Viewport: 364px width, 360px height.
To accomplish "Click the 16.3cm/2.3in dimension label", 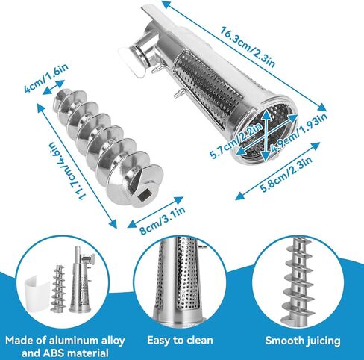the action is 248,46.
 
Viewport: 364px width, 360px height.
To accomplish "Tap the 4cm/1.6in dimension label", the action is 46,78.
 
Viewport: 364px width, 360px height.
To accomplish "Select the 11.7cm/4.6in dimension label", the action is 67,170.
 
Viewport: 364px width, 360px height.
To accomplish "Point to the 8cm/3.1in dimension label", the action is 163,220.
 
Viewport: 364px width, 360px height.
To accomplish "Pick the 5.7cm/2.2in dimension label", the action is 236,140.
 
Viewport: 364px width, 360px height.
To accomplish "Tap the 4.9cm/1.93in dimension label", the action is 298,133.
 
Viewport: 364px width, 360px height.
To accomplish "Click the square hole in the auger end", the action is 144,196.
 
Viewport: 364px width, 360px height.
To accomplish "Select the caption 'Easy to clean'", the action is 180,341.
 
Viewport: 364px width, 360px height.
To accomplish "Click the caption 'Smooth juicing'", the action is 303,341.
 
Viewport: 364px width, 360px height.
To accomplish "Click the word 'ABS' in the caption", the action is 52,353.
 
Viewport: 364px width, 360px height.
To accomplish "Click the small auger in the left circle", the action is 57,288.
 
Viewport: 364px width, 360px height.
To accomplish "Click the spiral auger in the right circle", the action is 299,281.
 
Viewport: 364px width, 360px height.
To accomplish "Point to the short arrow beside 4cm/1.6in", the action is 54,87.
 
